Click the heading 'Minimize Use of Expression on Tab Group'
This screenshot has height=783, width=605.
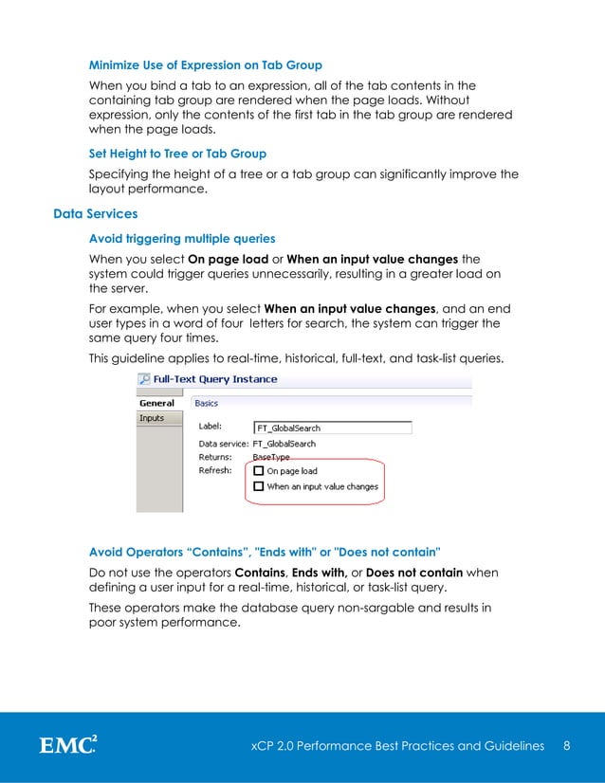click(x=205, y=65)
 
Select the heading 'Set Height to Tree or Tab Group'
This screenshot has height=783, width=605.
click(x=177, y=153)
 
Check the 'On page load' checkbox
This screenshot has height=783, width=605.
click(x=259, y=471)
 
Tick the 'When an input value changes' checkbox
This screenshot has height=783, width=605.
click(x=259, y=486)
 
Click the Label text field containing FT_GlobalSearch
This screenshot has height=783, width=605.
click(x=332, y=428)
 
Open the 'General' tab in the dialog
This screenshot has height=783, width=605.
click(x=156, y=403)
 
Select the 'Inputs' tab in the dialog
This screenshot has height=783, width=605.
click(x=152, y=418)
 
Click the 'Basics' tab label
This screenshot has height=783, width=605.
click(x=206, y=403)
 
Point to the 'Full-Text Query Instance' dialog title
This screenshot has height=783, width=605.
click(x=215, y=379)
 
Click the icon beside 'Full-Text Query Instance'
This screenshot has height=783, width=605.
click(x=143, y=379)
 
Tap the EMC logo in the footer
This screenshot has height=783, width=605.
click(x=67, y=746)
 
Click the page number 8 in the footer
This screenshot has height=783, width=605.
click(x=566, y=746)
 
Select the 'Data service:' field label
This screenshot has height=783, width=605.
click(x=223, y=444)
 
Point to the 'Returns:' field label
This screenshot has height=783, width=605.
click(x=215, y=457)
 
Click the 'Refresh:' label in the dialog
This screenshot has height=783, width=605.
click(x=215, y=470)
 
